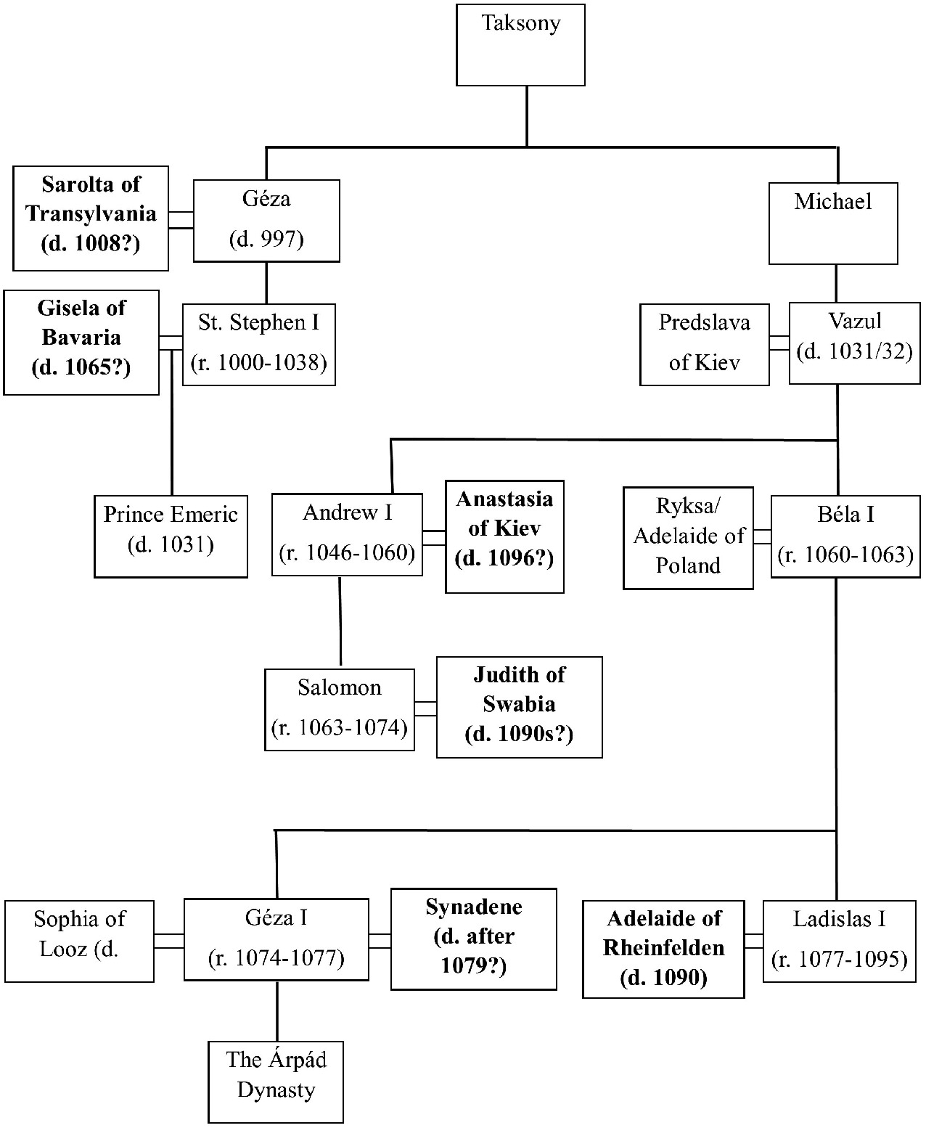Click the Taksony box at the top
[x=520, y=45]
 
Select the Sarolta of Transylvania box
[x=91, y=218]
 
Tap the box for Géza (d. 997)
[x=266, y=221]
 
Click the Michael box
[x=833, y=223]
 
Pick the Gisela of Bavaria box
[x=81, y=343]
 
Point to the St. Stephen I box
[x=259, y=344]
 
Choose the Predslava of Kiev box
[x=704, y=344]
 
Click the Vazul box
[x=854, y=343]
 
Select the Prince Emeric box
[x=171, y=536]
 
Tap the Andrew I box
[x=347, y=534]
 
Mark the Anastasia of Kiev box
[x=504, y=536]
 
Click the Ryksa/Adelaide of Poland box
[x=688, y=538]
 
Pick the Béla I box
[x=845, y=536]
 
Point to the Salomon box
[x=340, y=709]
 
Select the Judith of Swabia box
[x=519, y=707]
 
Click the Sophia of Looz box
[x=79, y=941]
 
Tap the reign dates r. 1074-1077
[x=276, y=959]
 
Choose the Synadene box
[x=473, y=939]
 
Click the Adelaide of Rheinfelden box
[x=663, y=949]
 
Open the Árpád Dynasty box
[x=276, y=1082]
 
